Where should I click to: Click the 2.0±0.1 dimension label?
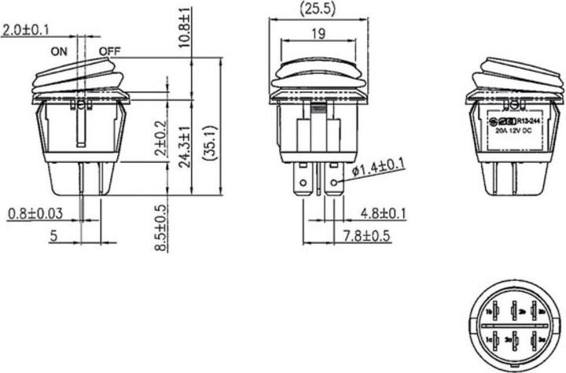pyautogui.click(x=27, y=31)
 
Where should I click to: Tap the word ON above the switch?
pyautogui.click(x=59, y=52)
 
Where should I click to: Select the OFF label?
pyautogui.click(x=109, y=52)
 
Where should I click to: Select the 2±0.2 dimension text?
pyautogui.click(x=160, y=138)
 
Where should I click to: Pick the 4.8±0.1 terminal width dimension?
pyautogui.click(x=383, y=214)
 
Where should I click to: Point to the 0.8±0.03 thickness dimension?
pyautogui.click(x=36, y=214)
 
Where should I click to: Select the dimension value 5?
pyautogui.click(x=54, y=235)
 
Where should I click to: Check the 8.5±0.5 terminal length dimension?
pyautogui.click(x=160, y=227)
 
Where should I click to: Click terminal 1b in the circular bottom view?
pyautogui.click(x=489, y=312)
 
